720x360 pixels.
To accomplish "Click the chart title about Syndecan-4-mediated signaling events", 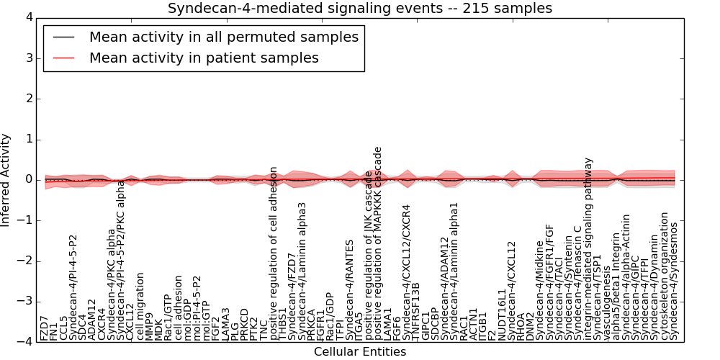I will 360,9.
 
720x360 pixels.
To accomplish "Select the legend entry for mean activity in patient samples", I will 204,58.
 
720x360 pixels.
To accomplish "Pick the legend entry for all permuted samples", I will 223,36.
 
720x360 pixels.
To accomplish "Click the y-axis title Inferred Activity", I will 6,180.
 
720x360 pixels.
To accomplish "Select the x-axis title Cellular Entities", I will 360,352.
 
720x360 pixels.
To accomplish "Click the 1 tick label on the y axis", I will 29,140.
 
